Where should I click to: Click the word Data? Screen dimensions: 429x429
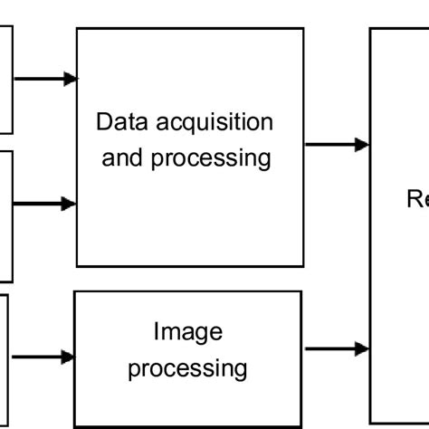coord(118,121)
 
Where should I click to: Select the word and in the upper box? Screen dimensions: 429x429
coord(120,157)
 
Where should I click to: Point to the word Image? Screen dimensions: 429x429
coord(187,332)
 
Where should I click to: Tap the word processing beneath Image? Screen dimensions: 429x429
coord(187,368)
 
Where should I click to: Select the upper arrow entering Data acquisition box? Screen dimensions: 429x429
coord(45,80)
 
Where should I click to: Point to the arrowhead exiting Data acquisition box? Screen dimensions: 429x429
coord(363,144)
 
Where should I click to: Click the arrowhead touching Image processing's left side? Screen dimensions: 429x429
coord(68,357)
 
